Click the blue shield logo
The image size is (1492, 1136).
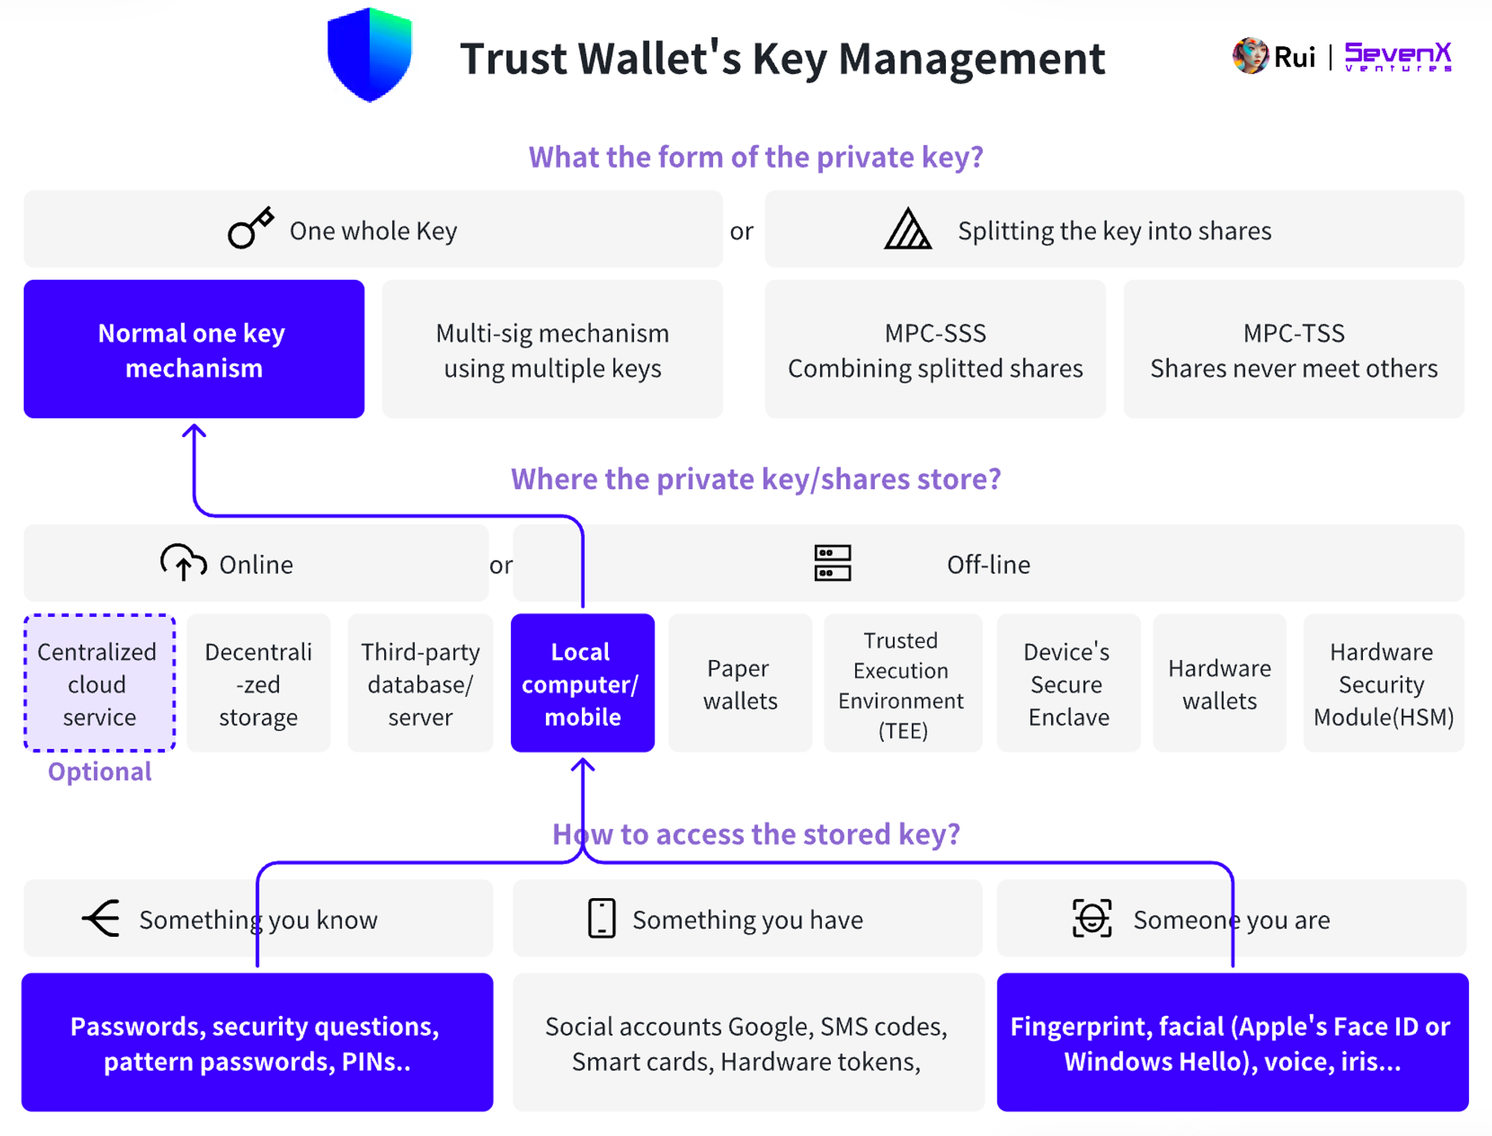[369, 54]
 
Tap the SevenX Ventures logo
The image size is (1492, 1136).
[1397, 57]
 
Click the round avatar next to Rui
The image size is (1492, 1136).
[1250, 56]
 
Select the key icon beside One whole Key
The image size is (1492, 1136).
[250, 227]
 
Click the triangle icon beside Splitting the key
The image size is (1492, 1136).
[907, 229]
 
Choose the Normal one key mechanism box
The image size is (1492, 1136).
[194, 349]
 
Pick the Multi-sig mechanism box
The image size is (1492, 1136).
[552, 349]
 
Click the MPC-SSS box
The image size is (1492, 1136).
[935, 349]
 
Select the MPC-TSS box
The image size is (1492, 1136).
[1294, 349]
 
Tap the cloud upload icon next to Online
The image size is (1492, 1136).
[183, 562]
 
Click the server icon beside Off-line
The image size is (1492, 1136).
[833, 562]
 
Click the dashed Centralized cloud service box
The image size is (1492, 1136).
[99, 682]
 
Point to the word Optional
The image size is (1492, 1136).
[100, 771]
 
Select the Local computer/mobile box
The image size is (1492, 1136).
[582, 682]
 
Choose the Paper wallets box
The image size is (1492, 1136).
[740, 682]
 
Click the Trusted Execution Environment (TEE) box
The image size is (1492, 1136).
[901, 682]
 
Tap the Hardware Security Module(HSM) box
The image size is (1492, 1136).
[1382, 682]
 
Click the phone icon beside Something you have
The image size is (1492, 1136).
[601, 917]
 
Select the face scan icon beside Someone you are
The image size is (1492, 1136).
[1092, 917]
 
